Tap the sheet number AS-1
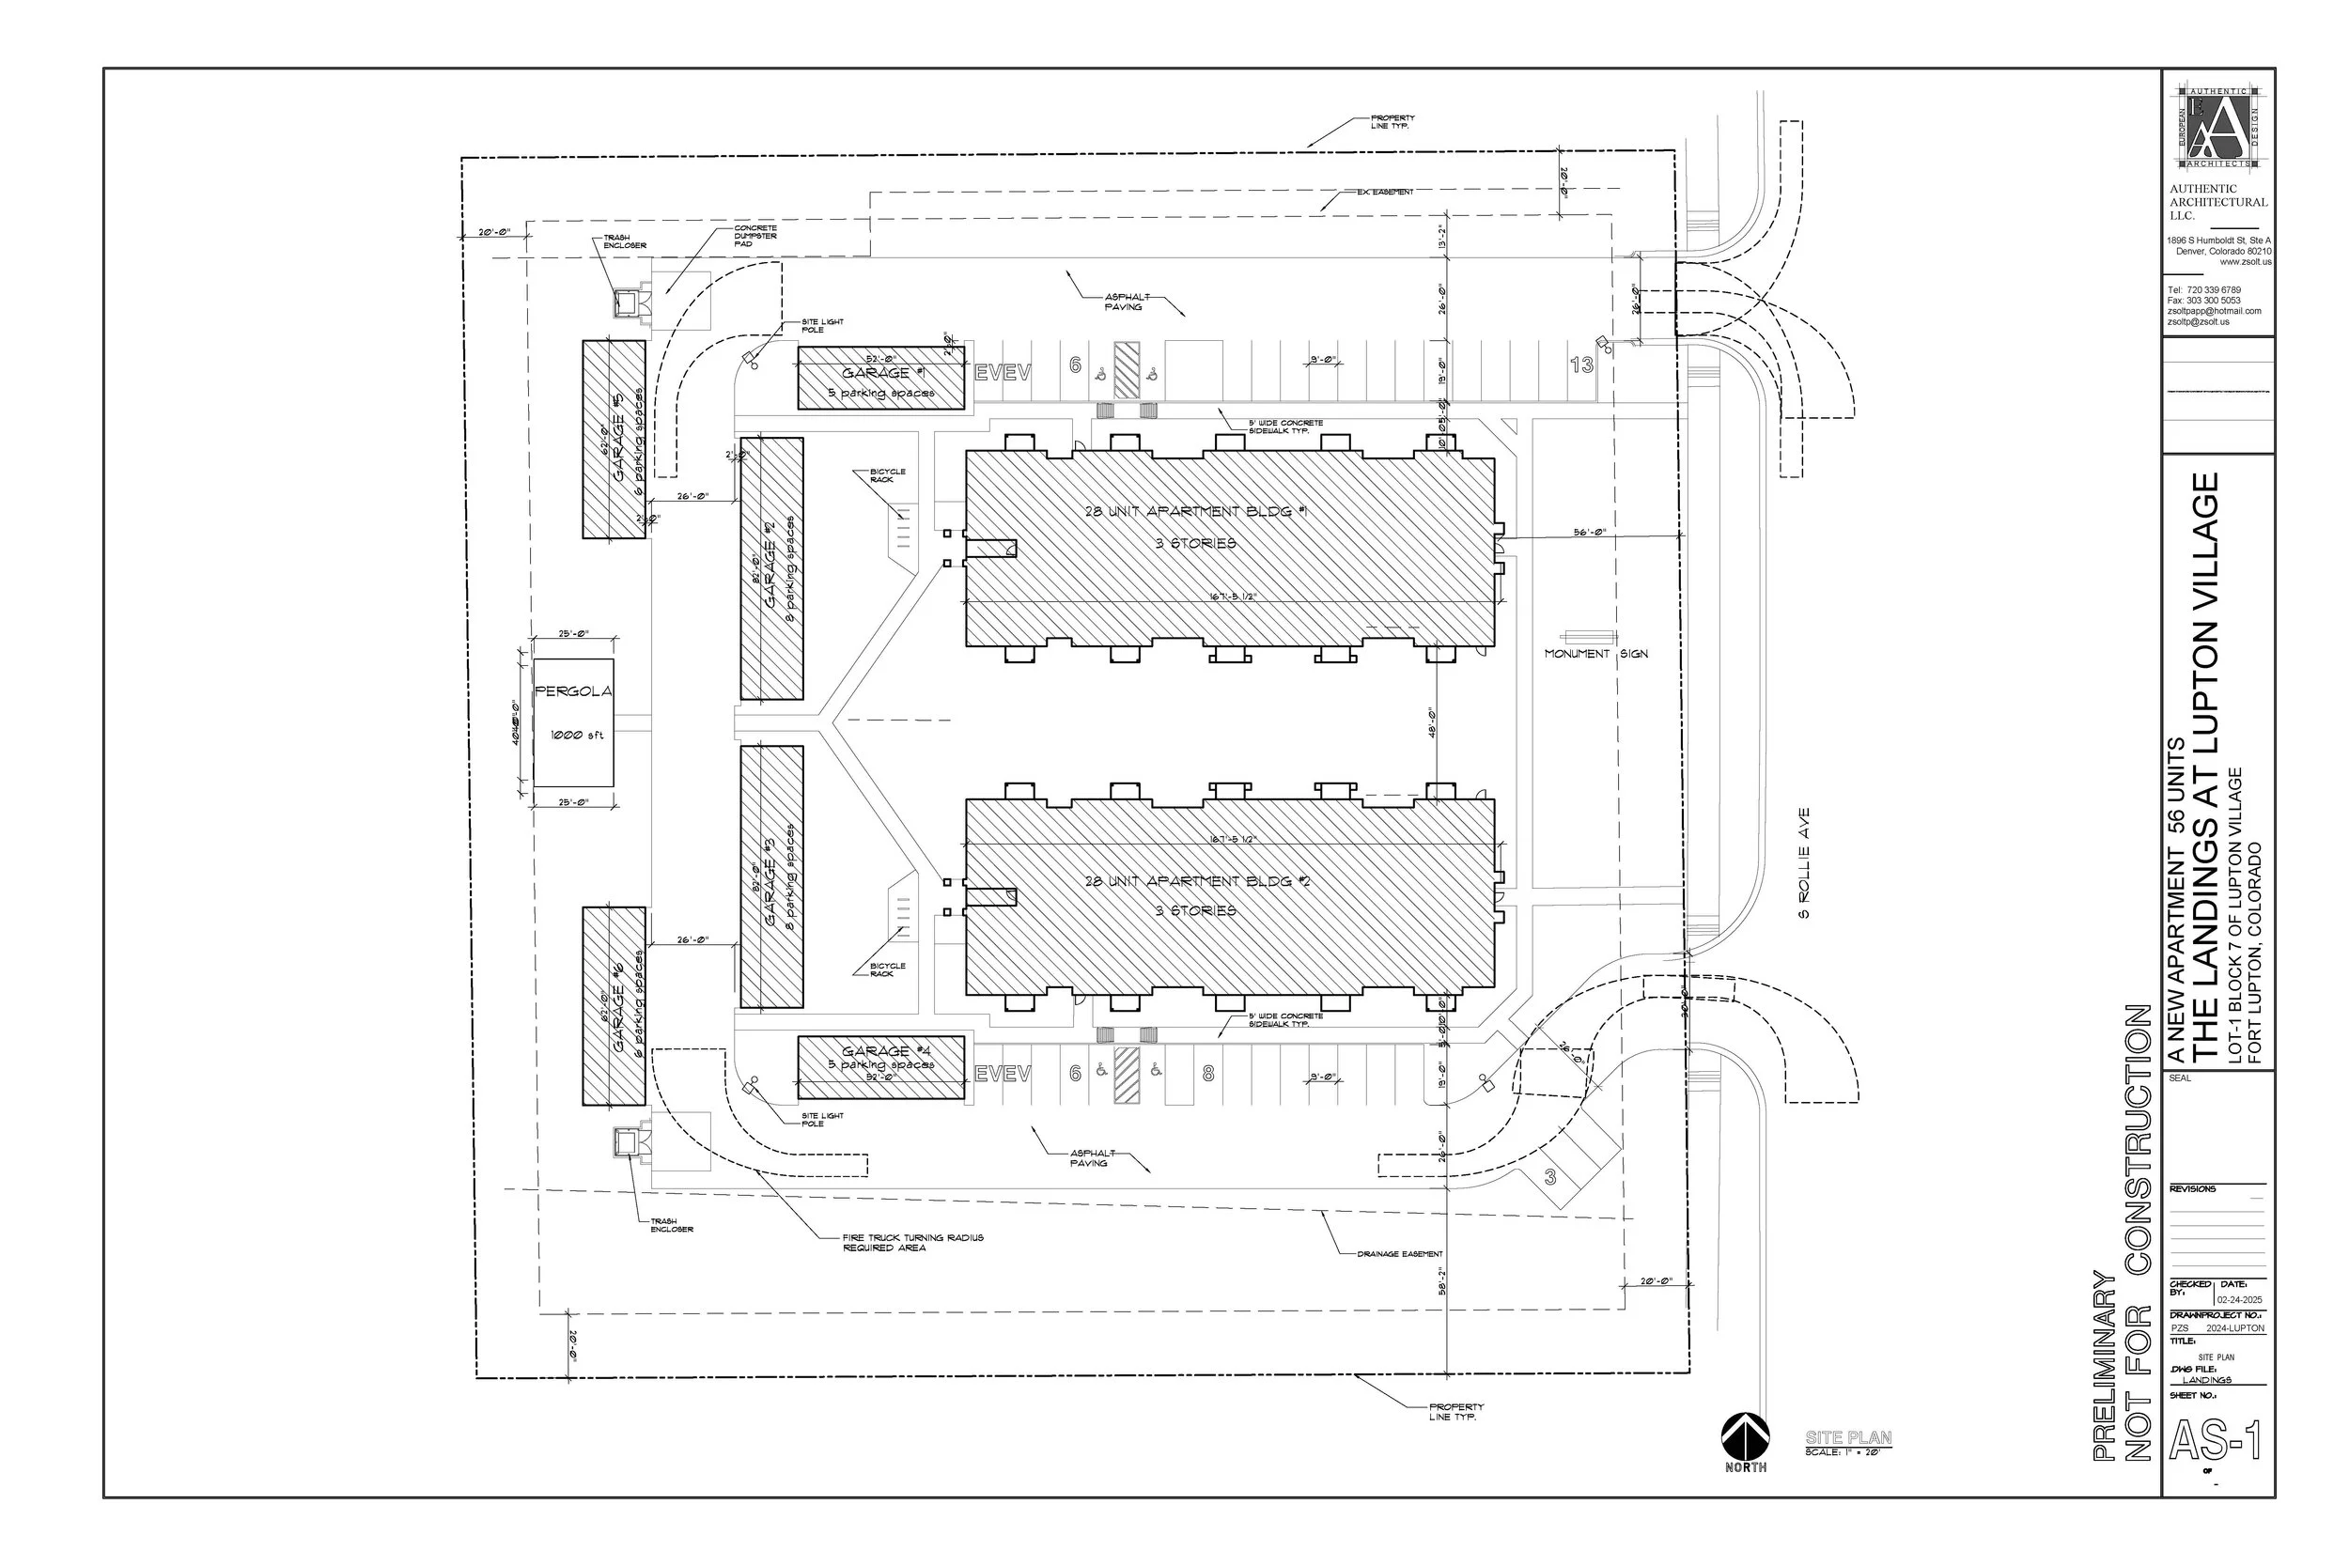point(2215,1441)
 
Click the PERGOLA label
point(573,691)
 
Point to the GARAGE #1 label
point(876,373)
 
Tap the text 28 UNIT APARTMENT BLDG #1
point(1195,511)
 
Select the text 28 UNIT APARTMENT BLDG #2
point(1196,881)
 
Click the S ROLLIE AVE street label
point(1804,863)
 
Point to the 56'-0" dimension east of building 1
point(1589,533)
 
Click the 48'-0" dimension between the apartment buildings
point(1432,722)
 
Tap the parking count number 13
point(1582,364)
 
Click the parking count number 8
point(1208,1075)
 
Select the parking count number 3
point(1550,1176)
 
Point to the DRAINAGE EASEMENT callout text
point(1399,1253)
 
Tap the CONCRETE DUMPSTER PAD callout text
point(755,236)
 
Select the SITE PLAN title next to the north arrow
point(1847,1437)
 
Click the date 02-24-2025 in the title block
point(2240,1299)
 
